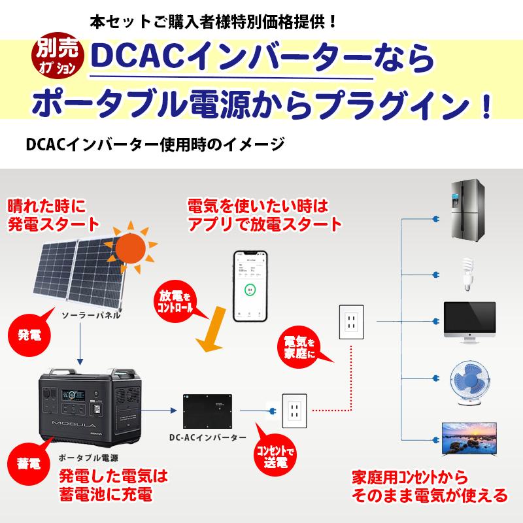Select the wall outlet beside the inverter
tap(294, 411)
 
